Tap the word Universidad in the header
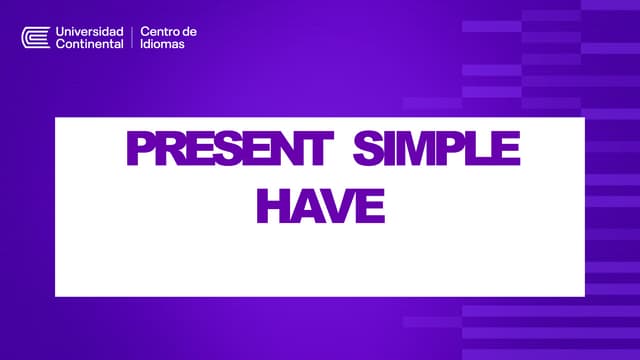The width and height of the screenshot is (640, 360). click(x=90, y=32)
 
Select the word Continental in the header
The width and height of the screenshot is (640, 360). click(x=90, y=44)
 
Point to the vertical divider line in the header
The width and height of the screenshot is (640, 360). click(x=132, y=38)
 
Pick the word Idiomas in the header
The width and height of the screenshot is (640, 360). click(x=163, y=44)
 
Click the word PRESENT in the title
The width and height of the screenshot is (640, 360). click(x=229, y=151)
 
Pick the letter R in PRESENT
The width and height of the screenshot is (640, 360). click(x=169, y=151)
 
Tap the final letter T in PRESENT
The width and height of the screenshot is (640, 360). click(x=317, y=151)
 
